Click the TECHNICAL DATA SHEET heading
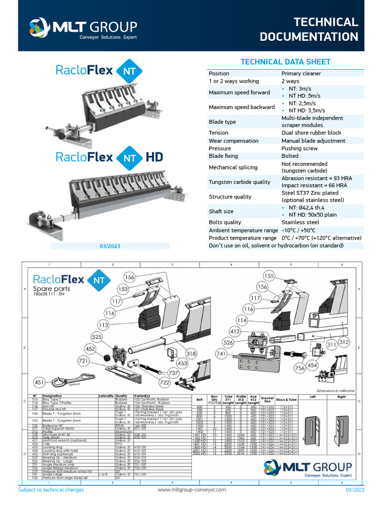pos(286,62)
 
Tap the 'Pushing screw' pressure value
pos(299,148)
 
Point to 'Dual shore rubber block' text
pos(311,133)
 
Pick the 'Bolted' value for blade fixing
pos(290,156)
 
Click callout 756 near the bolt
pos(300,369)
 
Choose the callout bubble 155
pos(269,275)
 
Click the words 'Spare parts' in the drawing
pos(51,289)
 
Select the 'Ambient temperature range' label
pos(243,231)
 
